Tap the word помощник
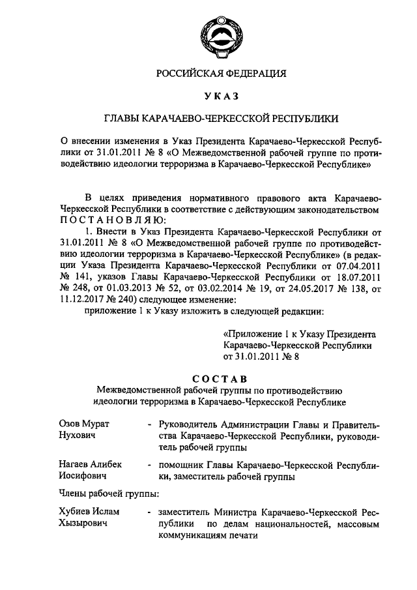(x=180, y=465)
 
